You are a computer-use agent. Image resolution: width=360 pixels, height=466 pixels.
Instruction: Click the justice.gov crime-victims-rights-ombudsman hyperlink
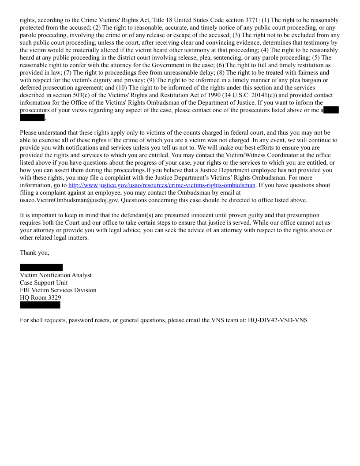pos(162,185)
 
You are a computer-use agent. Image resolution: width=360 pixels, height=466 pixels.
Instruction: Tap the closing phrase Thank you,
pos(34,253)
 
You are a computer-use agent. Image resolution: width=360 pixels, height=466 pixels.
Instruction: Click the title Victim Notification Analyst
pos(56,275)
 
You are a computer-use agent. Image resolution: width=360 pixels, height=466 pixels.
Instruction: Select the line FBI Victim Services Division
pos(58,290)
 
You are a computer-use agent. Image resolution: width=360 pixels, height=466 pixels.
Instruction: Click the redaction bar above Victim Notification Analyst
pos(41,267)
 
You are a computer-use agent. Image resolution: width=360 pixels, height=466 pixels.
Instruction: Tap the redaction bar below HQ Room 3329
pos(40,305)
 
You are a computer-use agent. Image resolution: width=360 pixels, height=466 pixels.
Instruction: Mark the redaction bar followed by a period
pos(32,117)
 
